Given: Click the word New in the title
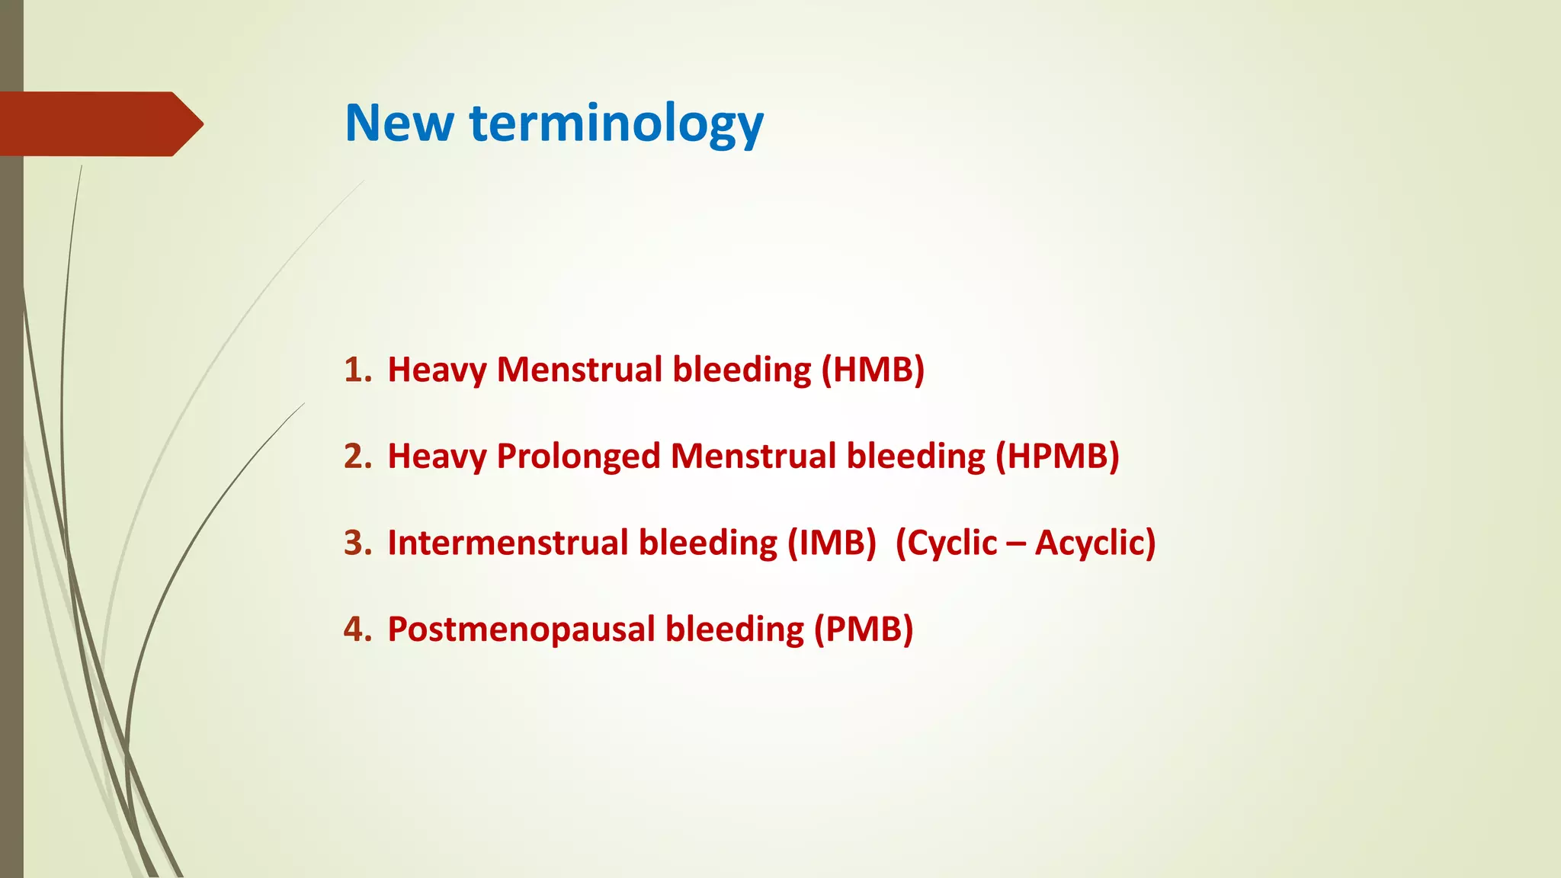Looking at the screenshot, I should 399,123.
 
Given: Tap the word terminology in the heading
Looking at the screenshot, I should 617,123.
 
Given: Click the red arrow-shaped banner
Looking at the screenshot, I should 99,124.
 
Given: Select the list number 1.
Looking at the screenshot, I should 357,370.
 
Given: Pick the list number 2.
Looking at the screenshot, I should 357,457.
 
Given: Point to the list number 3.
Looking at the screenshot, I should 357,543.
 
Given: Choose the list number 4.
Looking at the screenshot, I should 357,630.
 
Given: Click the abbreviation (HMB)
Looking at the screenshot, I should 873,370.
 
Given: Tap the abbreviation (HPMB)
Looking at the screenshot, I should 1057,457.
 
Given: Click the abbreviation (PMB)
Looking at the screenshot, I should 864,630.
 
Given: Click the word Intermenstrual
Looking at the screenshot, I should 506,543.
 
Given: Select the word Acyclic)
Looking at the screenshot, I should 1095,543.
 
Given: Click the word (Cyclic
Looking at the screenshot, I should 946,543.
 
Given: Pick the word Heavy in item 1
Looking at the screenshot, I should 437,370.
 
